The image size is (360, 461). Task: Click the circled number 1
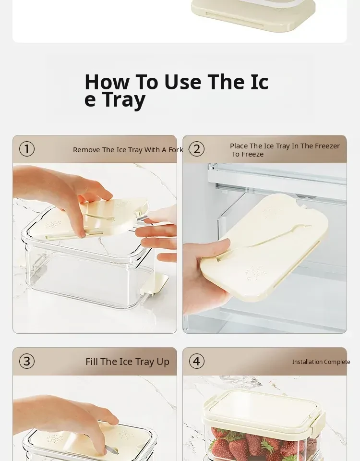[27, 149]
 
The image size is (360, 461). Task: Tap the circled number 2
[197, 149]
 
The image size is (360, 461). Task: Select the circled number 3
[27, 361]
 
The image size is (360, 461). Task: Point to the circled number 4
[197, 361]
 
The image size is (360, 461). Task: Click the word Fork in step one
[176, 150]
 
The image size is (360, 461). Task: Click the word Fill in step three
[92, 362]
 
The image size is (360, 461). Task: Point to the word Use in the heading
[183, 82]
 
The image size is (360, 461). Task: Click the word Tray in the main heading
[124, 99]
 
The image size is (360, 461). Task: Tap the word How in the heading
[107, 82]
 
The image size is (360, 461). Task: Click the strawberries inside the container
[259, 444]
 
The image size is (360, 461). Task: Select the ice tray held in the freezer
[264, 247]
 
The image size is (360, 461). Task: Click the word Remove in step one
[86, 150]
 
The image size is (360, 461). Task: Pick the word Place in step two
[239, 146]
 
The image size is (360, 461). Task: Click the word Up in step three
[163, 362]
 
